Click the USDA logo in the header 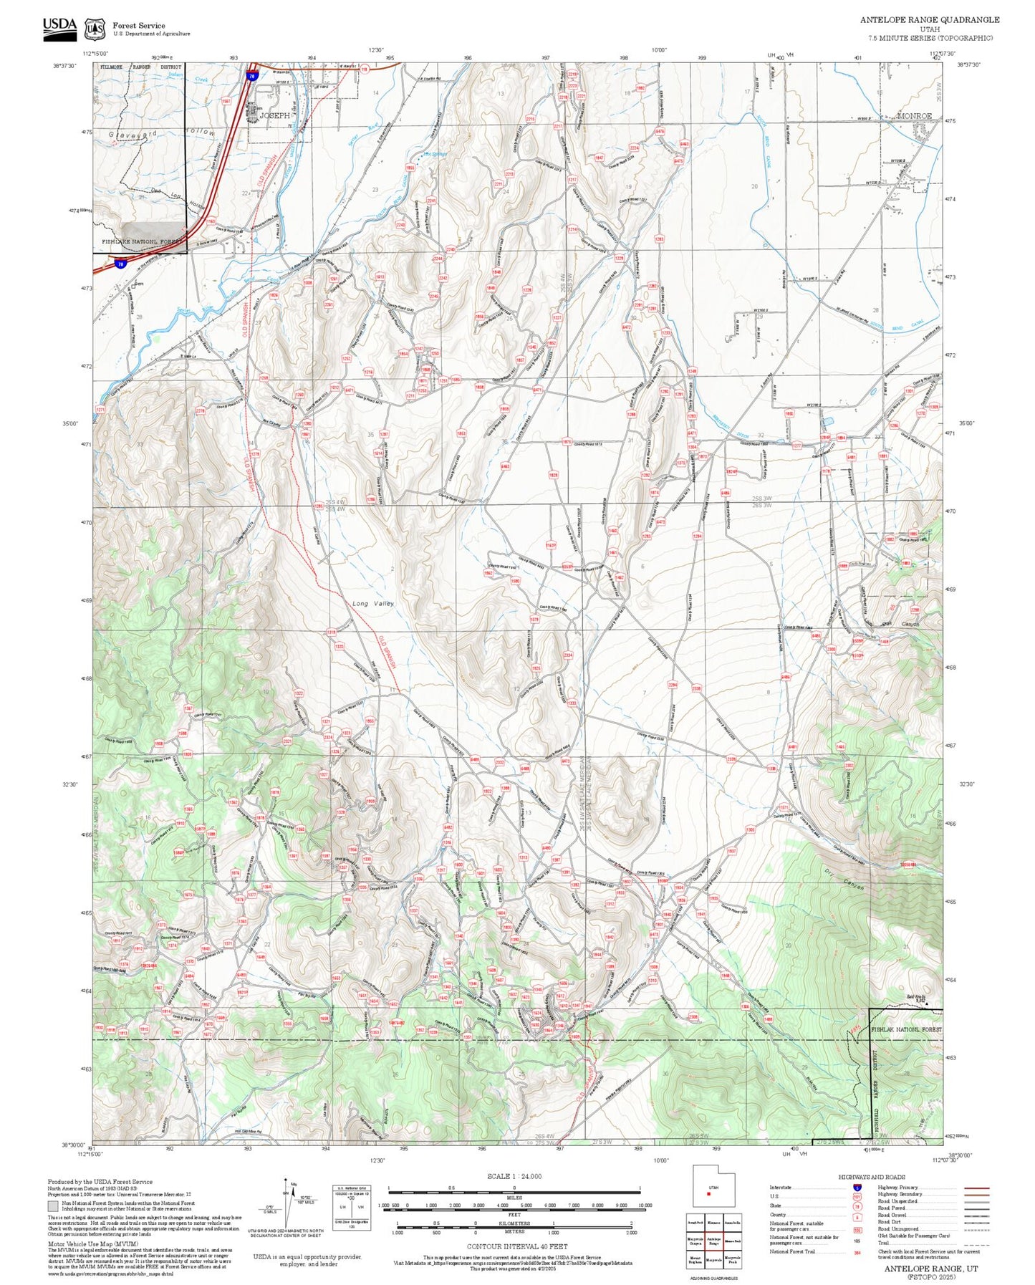click(x=59, y=27)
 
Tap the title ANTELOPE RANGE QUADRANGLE click(x=929, y=19)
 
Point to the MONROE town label click(x=915, y=116)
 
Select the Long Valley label click(x=373, y=603)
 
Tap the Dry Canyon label click(x=845, y=880)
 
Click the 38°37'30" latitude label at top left click(x=64, y=65)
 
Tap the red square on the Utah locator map click(x=708, y=1193)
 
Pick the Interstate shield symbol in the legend click(x=857, y=1187)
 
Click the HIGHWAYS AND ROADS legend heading click(x=871, y=1177)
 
